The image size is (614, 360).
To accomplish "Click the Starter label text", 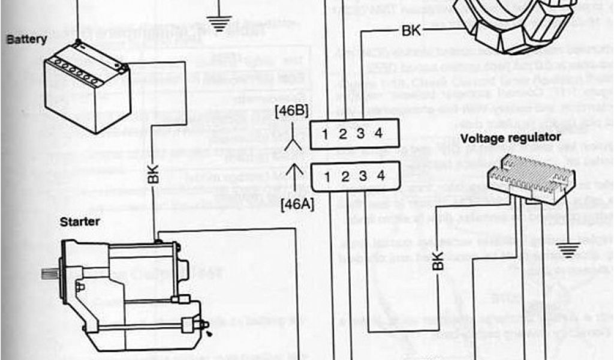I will [x=79, y=222].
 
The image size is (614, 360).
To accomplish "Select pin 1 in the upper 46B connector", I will [x=324, y=134].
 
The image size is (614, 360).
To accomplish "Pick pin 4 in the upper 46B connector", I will [x=378, y=134].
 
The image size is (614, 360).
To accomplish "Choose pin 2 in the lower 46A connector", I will [x=342, y=176].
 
